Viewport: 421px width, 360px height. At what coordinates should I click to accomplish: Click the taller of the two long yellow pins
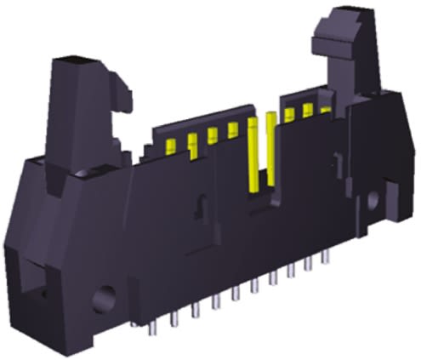click(271, 149)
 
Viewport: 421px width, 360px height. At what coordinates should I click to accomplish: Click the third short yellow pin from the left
click(213, 134)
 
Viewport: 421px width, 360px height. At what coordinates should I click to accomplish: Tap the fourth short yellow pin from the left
click(232, 130)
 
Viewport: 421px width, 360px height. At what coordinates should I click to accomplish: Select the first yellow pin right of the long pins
click(290, 115)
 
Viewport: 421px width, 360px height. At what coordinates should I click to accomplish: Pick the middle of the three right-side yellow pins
click(308, 111)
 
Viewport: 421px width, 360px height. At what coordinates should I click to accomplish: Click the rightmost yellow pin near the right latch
click(325, 109)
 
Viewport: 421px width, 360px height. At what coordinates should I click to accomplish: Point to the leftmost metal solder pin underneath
click(156, 327)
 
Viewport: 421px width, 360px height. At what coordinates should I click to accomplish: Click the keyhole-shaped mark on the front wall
click(201, 205)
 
